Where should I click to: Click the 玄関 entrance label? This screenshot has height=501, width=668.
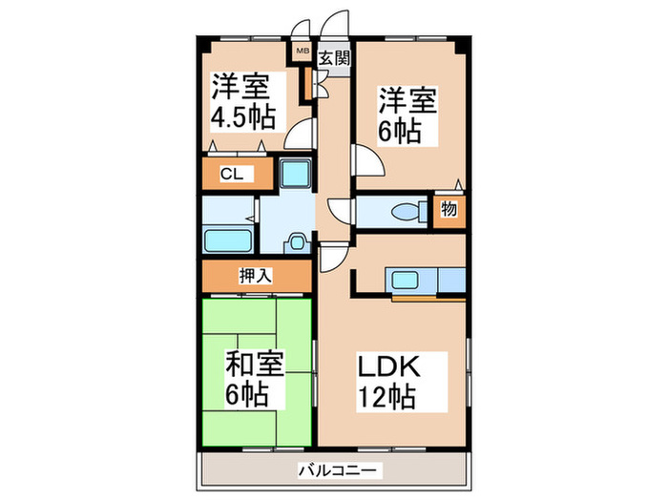click(334, 57)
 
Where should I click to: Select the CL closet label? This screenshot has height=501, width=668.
click(230, 174)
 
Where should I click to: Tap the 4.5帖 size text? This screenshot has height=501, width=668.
click(243, 116)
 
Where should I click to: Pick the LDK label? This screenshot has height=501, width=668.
click(389, 365)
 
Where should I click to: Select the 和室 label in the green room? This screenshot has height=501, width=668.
click(255, 364)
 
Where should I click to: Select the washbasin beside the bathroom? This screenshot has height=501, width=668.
click(299, 241)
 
